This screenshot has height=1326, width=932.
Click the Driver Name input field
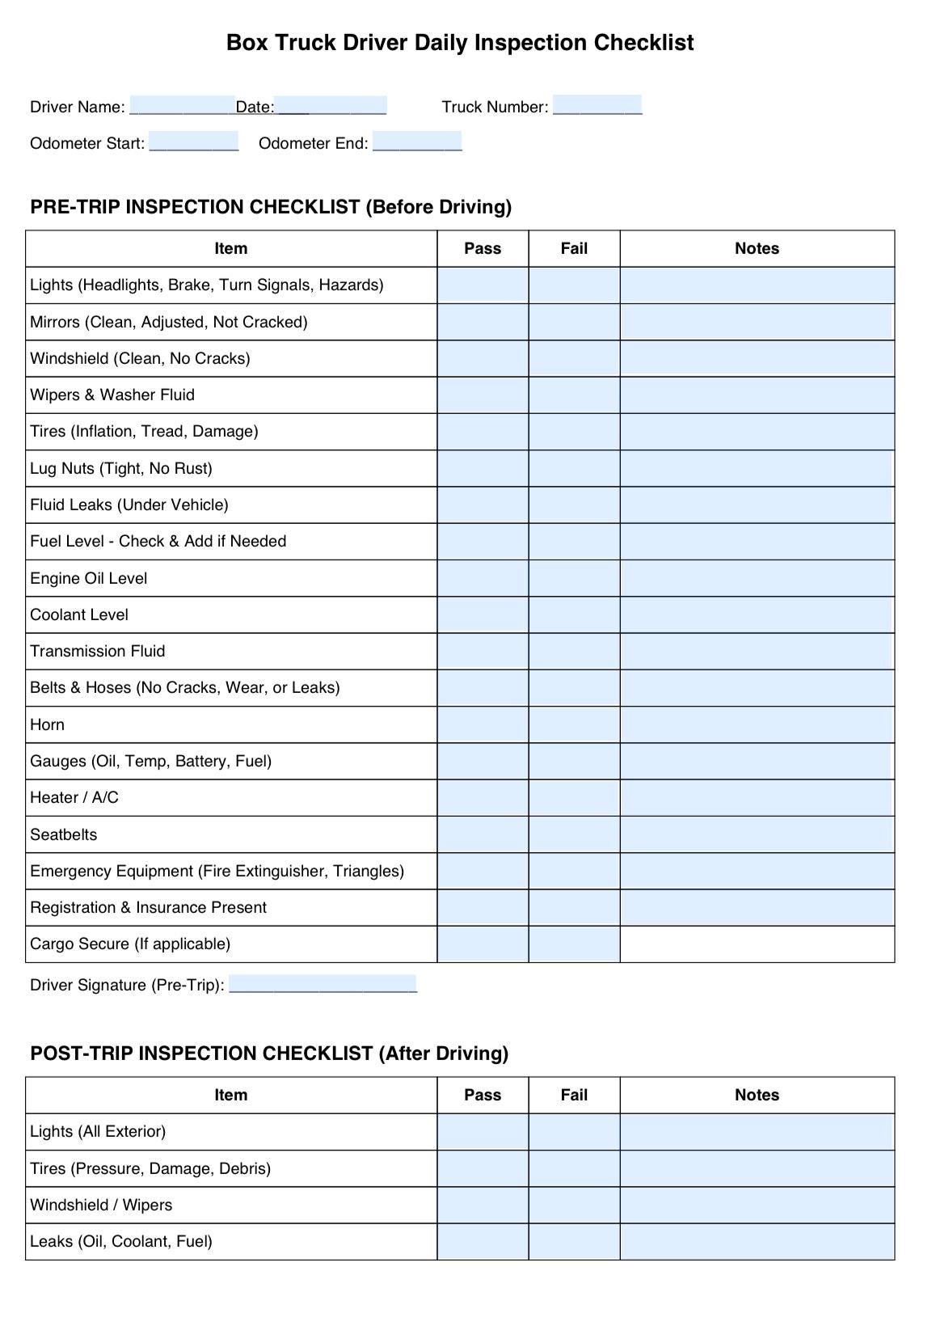pos(182,106)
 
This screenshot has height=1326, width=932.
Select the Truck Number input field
pos(597,105)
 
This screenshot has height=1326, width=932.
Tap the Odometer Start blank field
pos(194,142)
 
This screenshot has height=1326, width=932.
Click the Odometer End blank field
pos(417,142)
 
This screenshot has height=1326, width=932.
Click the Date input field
pos(331,106)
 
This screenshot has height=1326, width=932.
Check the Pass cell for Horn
pos(483,724)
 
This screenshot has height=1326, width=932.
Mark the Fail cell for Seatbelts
pos(574,834)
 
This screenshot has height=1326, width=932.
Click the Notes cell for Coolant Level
pos(757,614)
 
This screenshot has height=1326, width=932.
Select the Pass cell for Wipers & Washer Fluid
pos(483,395)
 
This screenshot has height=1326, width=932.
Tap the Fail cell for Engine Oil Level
pos(574,578)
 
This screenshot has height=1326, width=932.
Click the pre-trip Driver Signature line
pos(323,984)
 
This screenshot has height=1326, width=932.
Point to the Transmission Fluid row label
pos(98,651)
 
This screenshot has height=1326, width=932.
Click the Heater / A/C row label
pos(74,797)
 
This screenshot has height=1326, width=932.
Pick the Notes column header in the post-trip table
pos(757,1095)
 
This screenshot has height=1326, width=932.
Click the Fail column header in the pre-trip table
pos(574,248)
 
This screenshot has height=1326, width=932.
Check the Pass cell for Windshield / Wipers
pos(483,1205)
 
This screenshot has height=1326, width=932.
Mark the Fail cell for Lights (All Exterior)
pos(574,1131)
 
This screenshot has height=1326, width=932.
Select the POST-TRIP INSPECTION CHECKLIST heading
pos(269,1053)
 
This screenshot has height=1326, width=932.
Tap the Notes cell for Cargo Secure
pos(757,944)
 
